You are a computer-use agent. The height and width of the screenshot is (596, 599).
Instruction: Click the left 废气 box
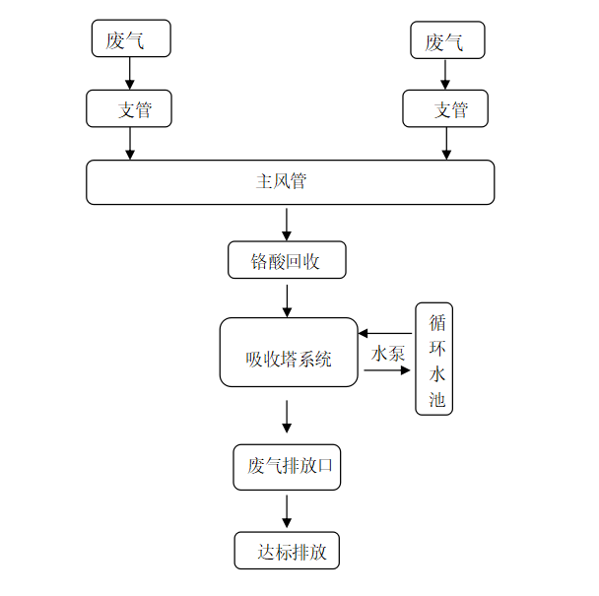129,39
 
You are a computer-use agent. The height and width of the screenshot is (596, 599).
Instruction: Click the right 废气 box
448,40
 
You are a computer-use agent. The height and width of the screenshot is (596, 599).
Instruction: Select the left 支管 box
129,108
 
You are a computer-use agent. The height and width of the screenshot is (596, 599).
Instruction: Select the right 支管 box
446,108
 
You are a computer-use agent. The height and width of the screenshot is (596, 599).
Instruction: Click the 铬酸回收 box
287,260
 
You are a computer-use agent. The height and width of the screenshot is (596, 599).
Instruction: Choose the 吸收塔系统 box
288,352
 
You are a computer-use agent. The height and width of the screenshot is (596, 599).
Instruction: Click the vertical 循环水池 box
434,359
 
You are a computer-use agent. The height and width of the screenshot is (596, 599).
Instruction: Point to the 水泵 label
387,354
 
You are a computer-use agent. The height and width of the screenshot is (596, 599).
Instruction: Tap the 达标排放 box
287,551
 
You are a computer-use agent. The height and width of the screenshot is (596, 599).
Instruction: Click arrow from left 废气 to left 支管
129,73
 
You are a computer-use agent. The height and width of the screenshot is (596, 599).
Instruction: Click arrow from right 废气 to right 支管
446,73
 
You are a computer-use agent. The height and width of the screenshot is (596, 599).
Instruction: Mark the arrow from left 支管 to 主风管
129,143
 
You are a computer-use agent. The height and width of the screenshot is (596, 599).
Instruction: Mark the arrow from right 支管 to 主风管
446,143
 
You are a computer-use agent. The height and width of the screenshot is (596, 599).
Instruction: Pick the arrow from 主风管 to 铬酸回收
287,224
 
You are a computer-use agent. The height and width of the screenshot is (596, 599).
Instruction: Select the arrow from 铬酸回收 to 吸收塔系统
287,299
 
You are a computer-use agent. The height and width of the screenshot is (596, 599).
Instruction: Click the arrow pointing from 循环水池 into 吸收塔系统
385,334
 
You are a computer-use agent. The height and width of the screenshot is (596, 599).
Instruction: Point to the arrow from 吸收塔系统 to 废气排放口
287,416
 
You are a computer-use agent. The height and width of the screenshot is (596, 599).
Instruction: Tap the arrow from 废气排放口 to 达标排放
287,511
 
